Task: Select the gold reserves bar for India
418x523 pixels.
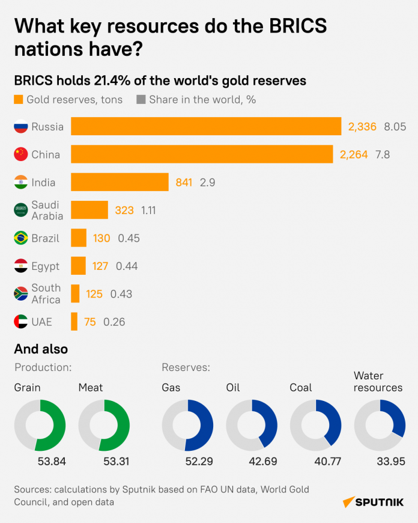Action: pyautogui.click(x=120, y=182)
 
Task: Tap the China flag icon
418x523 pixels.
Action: pyautogui.click(x=21, y=154)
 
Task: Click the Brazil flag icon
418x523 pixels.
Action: pyautogui.click(x=21, y=238)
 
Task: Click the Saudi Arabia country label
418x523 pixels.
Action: pyautogui.click(x=47, y=210)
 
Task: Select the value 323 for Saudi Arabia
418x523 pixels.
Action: pyautogui.click(x=124, y=210)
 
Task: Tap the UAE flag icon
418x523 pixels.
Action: pyautogui.click(x=21, y=322)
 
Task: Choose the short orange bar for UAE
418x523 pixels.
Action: pyautogui.click(x=74, y=322)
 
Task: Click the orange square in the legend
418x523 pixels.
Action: pyautogui.click(x=19, y=100)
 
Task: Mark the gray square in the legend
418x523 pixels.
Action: pyautogui.click(x=141, y=100)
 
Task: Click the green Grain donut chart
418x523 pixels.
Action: pyautogui.click(x=40, y=425)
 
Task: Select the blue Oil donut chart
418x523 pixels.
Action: pyautogui.click(x=252, y=425)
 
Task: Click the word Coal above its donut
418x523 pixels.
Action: pyautogui.click(x=301, y=388)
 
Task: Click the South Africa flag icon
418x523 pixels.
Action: pyautogui.click(x=21, y=294)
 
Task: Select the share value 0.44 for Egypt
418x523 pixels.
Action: pyautogui.click(x=127, y=266)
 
